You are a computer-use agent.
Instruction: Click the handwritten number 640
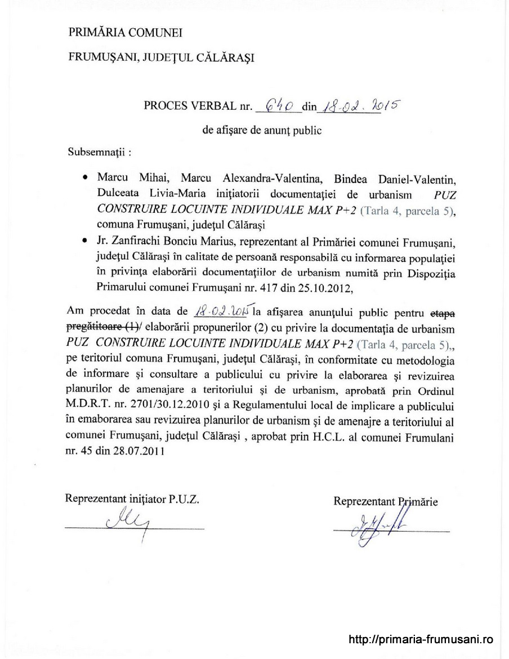(278, 105)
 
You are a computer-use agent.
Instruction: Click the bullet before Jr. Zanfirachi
(84, 242)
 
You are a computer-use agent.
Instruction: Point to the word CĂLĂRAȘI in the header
(226, 57)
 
